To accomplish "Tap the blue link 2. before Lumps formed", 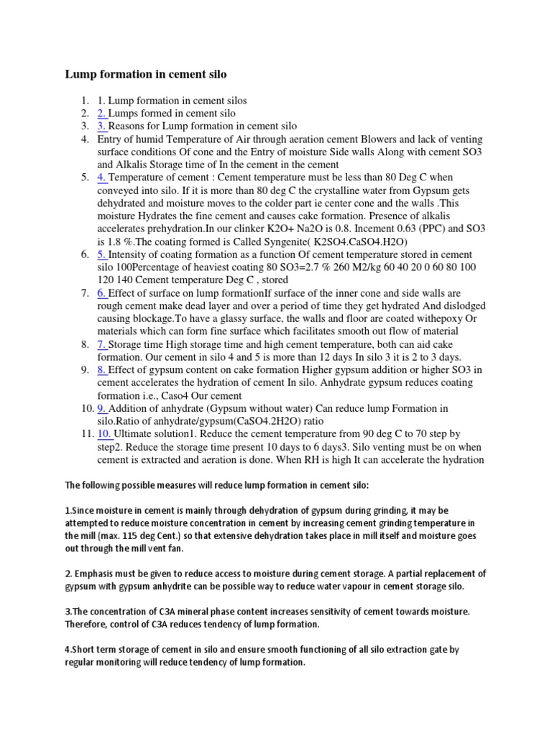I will click(x=101, y=113).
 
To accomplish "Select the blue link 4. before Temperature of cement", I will click(x=101, y=178).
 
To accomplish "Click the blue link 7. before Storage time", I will click(x=101, y=344).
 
